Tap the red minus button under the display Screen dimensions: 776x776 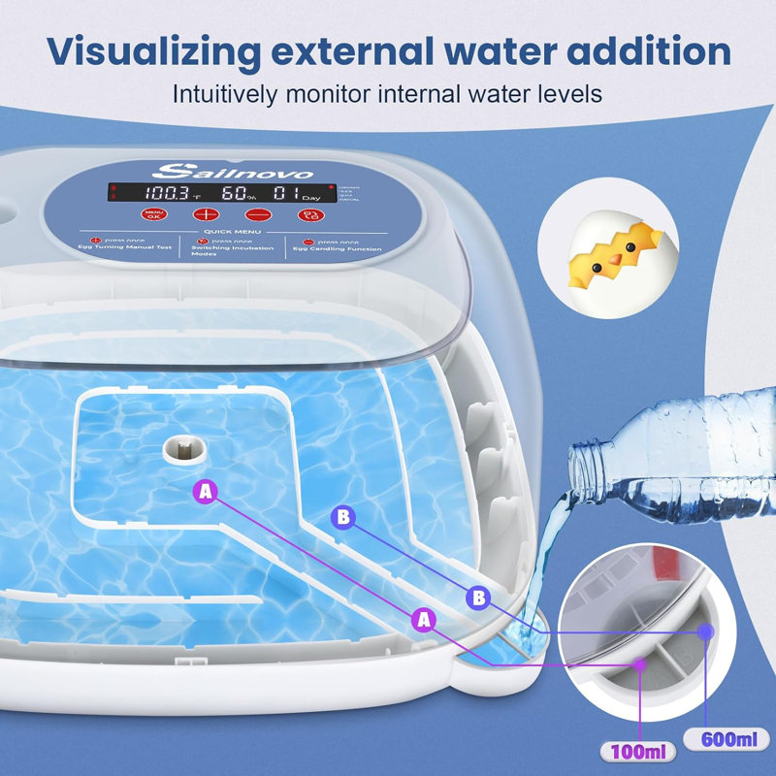point(257,215)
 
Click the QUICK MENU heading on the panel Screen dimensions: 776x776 point(229,233)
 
